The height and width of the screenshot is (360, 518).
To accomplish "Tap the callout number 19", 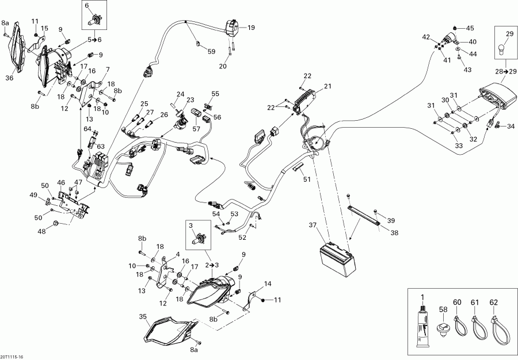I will [x=250, y=27].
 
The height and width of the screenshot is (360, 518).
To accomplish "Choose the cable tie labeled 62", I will [x=493, y=325].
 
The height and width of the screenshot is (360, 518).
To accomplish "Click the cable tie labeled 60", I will [x=458, y=325].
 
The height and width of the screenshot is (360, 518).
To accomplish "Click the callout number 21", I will [x=327, y=86].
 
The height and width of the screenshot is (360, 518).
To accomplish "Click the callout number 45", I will [x=470, y=28].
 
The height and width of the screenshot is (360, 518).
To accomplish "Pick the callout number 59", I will [x=211, y=52].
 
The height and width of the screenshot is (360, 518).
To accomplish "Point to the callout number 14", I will [x=268, y=284].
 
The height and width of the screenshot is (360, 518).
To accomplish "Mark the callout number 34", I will [x=511, y=127].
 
